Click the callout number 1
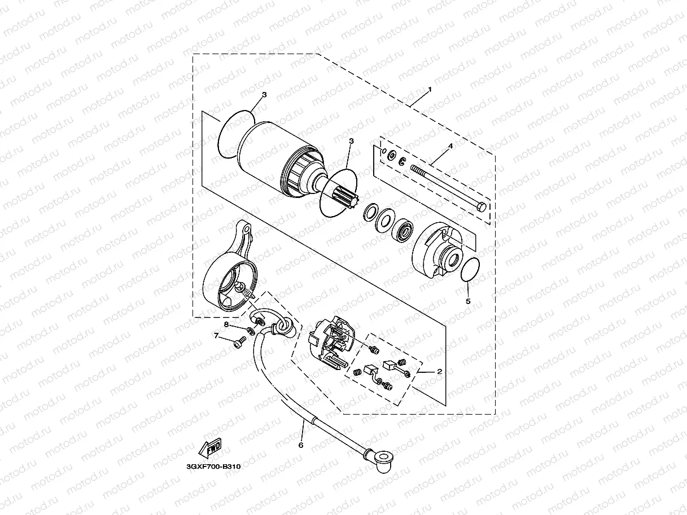click(x=430, y=89)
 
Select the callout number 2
click(x=439, y=372)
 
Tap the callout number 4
click(x=450, y=146)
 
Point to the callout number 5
click(x=468, y=301)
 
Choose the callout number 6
click(x=300, y=445)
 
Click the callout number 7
click(x=216, y=336)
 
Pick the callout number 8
click(x=226, y=325)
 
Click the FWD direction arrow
click(x=210, y=448)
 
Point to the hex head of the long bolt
click(x=481, y=206)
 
